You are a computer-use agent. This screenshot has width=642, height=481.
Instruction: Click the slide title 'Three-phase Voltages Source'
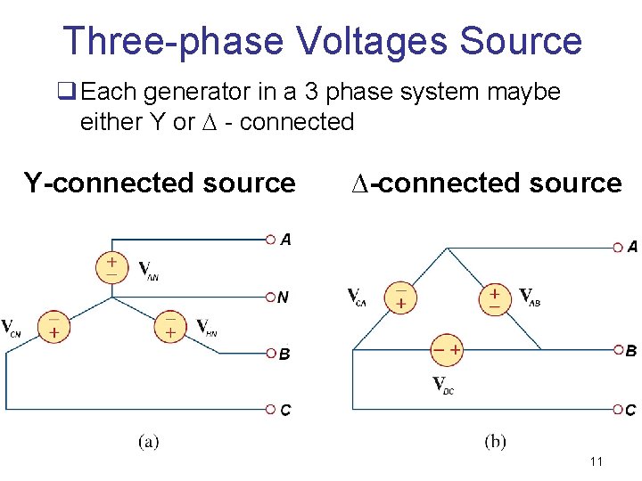322,41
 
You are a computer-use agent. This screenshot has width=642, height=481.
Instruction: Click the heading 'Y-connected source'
160,183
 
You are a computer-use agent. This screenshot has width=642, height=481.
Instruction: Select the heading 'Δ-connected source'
485,183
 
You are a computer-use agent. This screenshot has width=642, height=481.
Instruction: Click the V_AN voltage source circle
111,268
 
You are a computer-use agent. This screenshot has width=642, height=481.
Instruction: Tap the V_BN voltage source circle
169,327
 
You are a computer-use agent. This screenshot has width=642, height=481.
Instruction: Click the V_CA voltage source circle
401,298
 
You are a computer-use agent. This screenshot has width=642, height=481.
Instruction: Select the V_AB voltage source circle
494,298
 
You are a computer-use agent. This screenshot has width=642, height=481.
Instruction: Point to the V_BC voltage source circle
447,350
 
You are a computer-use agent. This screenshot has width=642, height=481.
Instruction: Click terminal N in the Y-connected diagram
270,297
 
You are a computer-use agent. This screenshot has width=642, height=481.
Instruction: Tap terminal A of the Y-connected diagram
270,239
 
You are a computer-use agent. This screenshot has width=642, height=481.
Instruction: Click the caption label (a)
148,441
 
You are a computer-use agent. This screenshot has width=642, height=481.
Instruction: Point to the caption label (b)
495,441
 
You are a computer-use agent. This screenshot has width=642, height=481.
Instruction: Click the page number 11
597,461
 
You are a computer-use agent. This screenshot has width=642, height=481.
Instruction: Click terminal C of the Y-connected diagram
270,410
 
